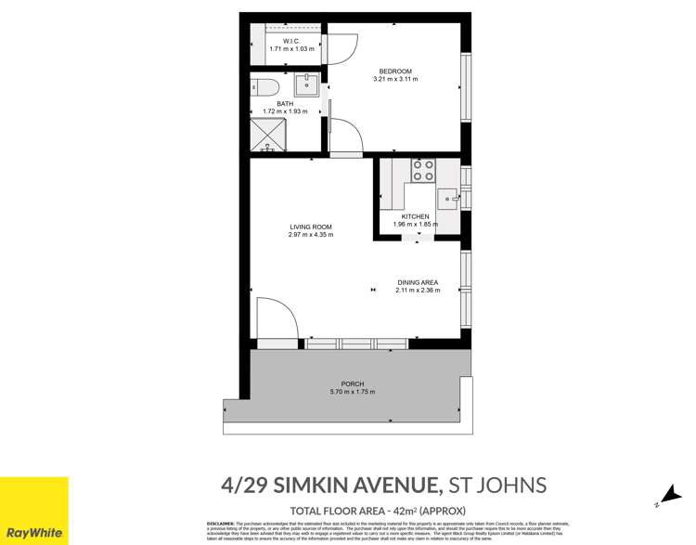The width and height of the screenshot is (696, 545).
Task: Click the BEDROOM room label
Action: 395,71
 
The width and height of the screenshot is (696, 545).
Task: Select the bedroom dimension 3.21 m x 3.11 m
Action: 395,80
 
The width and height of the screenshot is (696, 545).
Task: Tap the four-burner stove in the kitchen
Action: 423,170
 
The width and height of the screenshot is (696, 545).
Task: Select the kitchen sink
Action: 449,198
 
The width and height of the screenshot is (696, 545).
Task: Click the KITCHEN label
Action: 414,216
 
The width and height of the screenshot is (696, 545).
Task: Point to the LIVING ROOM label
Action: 310,227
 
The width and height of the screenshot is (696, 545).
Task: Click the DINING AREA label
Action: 417,282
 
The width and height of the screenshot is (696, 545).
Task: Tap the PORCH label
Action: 353,383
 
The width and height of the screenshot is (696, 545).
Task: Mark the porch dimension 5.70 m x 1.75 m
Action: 353,392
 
